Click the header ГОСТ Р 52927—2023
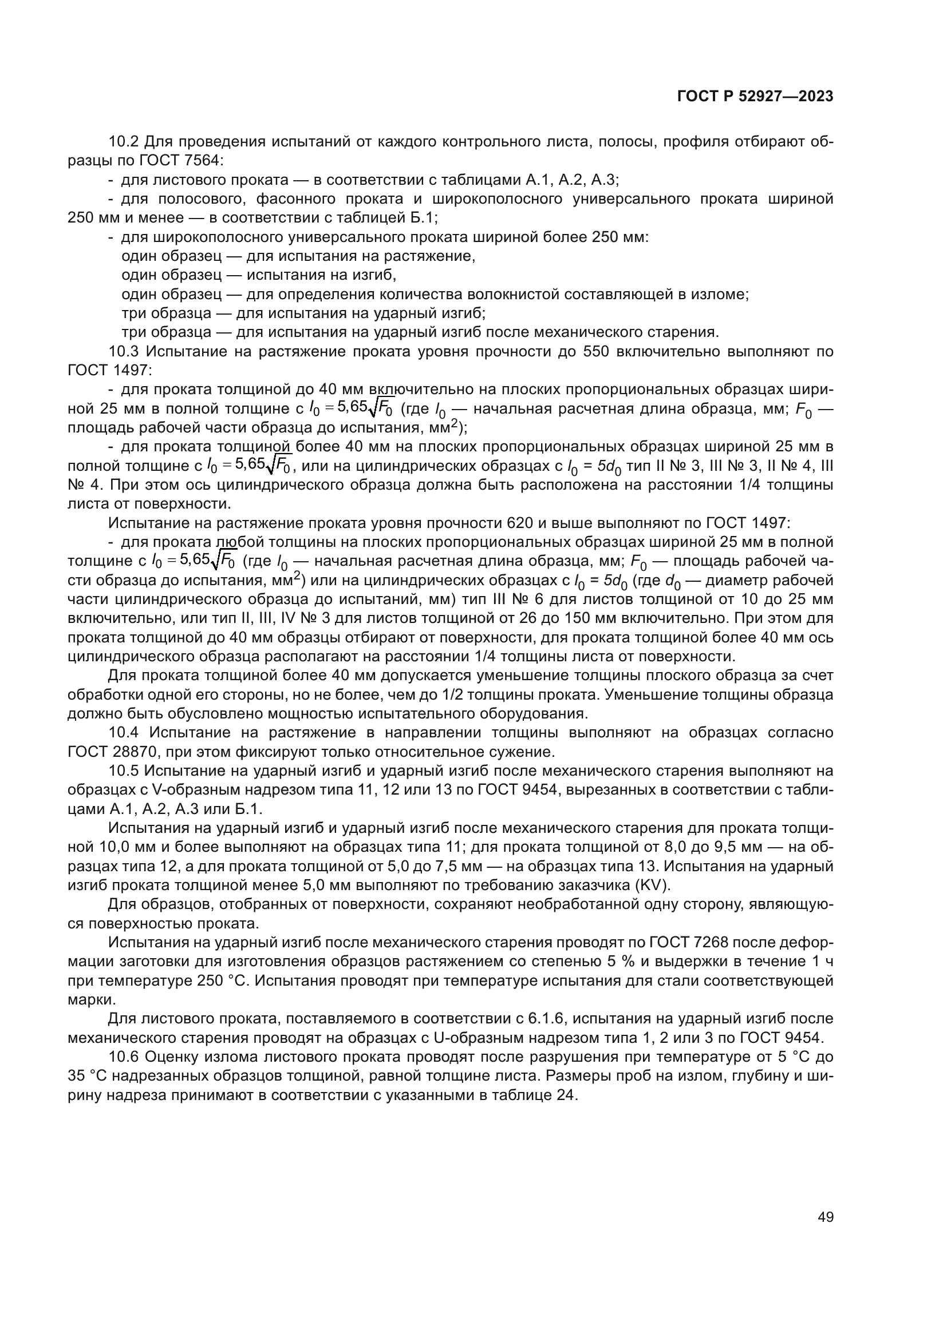(755, 97)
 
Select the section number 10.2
(124, 142)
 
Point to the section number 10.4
(124, 733)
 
